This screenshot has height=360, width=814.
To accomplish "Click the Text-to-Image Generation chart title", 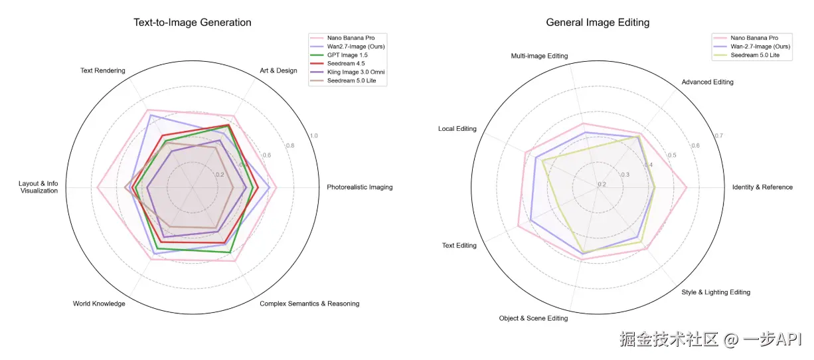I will [x=193, y=23].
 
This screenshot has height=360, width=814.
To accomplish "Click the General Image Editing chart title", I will [x=598, y=23].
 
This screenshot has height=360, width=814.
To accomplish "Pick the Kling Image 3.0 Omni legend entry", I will [x=357, y=72].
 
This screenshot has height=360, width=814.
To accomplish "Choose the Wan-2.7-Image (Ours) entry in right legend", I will [x=760, y=47].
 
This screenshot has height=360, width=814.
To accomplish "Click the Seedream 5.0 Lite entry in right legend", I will [x=756, y=56].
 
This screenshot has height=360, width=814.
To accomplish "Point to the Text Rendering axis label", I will [x=102, y=70].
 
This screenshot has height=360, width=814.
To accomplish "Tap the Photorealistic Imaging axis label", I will [x=359, y=187].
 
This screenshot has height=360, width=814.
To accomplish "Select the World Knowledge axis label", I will [x=99, y=304].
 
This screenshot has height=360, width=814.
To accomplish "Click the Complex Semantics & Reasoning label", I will [x=309, y=304].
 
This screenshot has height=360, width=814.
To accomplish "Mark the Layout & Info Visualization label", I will [x=39, y=187].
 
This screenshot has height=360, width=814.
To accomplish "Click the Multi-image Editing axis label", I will [x=539, y=56].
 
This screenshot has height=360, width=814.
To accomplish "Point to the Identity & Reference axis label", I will [x=762, y=187].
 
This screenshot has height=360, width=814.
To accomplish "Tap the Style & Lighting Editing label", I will [x=716, y=292].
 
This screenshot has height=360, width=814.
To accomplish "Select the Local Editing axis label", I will [x=457, y=129].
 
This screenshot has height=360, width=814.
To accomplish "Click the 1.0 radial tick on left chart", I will [x=314, y=135].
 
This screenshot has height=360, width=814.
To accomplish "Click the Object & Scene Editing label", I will [x=533, y=319].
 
